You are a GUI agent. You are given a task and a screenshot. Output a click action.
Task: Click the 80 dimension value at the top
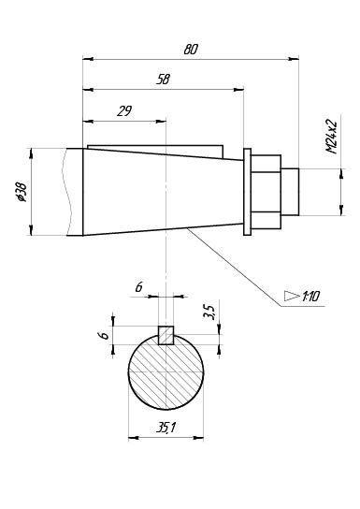point(191,50)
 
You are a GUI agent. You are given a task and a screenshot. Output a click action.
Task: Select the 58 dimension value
point(163,80)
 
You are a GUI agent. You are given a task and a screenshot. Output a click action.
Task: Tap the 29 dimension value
point(124,111)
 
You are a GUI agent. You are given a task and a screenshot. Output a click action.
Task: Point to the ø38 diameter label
point(22,192)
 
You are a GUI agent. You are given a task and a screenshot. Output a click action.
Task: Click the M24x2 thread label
point(332,138)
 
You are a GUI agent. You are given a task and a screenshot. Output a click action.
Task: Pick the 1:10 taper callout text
point(310,296)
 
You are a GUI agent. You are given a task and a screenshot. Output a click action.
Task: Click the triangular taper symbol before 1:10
point(292,296)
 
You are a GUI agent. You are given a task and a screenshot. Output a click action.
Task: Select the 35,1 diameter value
point(166,428)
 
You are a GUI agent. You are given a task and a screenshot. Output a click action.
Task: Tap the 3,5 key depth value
point(210,313)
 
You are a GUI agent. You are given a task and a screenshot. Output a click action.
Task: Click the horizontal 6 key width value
point(138,286)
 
